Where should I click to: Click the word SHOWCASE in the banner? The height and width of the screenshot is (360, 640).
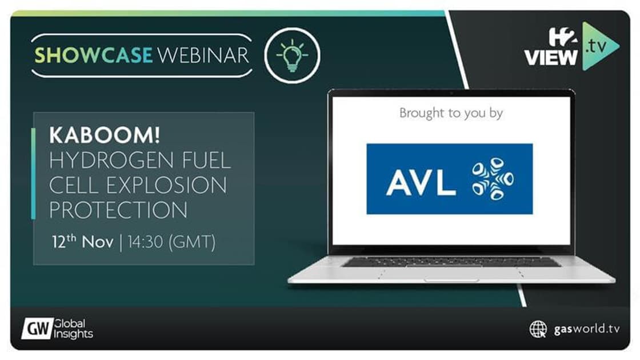(94, 55)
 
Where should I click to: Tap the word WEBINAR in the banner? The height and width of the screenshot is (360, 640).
(203, 55)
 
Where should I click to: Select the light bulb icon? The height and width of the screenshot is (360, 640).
(292, 55)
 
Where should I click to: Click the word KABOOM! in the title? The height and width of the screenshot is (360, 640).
(105, 136)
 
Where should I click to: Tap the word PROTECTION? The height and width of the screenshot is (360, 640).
(118, 210)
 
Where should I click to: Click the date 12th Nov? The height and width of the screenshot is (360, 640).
(82, 242)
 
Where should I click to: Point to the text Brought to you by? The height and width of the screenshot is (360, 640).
(451, 113)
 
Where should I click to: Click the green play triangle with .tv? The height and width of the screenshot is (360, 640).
(598, 46)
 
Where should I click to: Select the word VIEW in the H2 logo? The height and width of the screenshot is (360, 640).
(551, 58)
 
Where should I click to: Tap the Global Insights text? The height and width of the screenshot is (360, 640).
(74, 329)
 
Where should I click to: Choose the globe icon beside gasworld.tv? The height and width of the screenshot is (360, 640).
(538, 329)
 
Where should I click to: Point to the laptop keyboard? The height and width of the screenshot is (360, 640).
(451, 262)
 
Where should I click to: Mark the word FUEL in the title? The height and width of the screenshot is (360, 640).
(207, 161)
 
